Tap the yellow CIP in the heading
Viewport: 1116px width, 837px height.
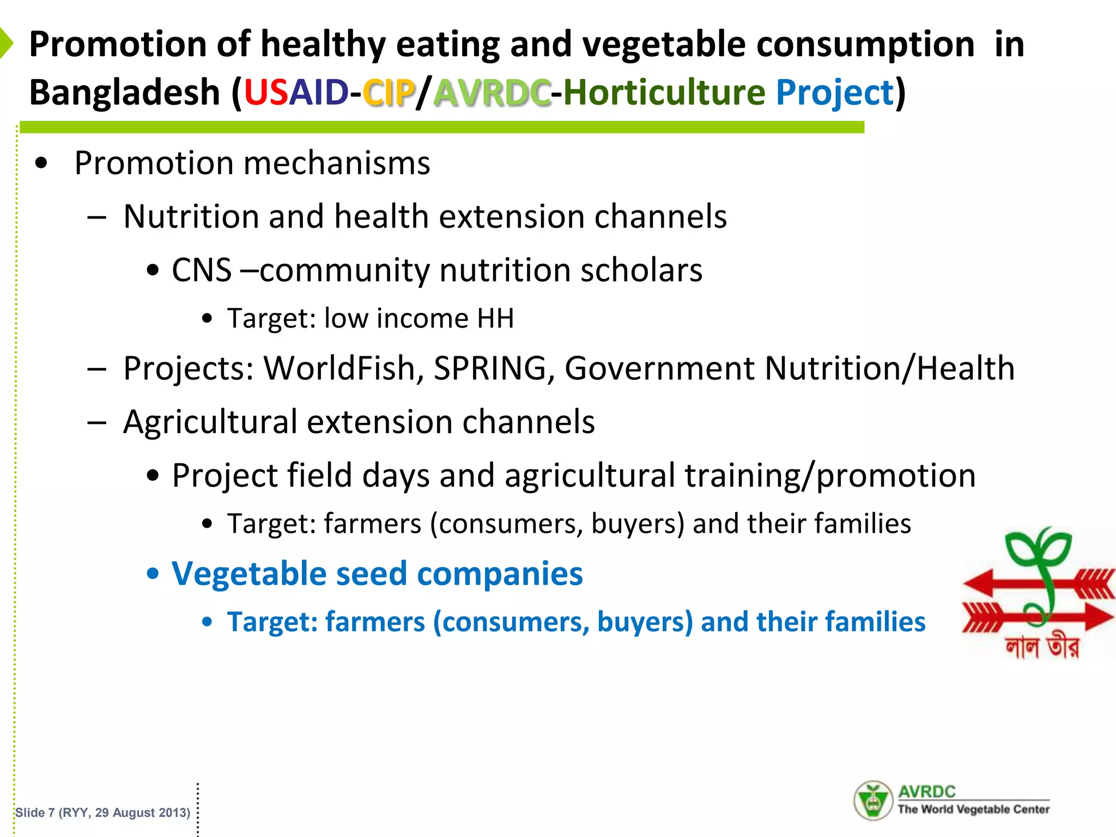point(389,92)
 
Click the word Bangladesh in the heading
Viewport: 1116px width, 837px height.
point(124,92)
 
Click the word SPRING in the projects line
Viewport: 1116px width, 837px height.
point(490,368)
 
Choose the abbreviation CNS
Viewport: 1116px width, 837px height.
point(202,270)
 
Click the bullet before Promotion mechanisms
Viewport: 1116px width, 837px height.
point(41,163)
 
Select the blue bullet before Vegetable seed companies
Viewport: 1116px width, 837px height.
point(153,574)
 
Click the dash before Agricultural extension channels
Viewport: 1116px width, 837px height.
point(97,422)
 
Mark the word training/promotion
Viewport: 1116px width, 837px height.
point(830,476)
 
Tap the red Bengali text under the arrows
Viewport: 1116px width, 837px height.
point(1041,647)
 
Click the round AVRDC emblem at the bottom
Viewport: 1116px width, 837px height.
point(872,800)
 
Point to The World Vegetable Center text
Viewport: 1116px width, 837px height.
point(973,810)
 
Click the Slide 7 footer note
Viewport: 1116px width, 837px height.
point(102,812)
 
